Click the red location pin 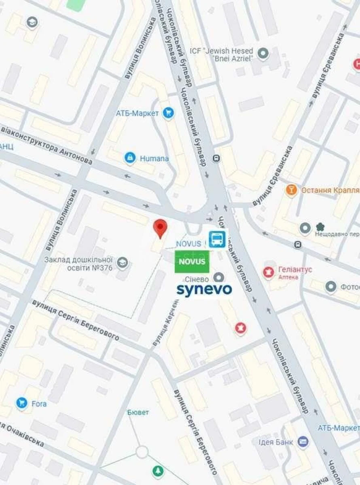[161, 228]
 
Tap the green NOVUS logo [192, 261]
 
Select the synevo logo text [204, 289]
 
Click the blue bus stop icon [217, 239]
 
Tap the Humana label [154, 158]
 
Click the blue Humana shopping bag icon [130, 158]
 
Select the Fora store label [39, 403]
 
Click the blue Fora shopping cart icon [22, 403]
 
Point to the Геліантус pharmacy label [295, 270]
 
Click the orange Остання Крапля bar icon [291, 190]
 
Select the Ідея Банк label [276, 442]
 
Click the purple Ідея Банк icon [303, 442]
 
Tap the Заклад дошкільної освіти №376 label [78, 264]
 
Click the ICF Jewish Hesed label [222, 54]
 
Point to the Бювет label [138, 412]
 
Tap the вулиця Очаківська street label [22, 435]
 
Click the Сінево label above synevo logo [197, 279]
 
